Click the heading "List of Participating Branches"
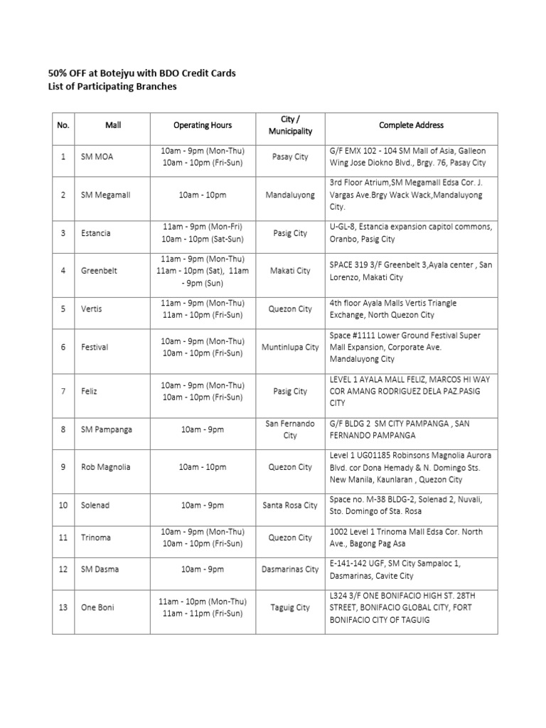pyautogui.click(x=112, y=87)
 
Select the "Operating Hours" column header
pyautogui.click(x=203, y=125)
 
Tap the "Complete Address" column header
pyautogui.click(x=411, y=125)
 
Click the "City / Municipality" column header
pyautogui.click(x=290, y=125)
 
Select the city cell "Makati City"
pyautogui.click(x=290, y=271)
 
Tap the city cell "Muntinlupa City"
pyautogui.click(x=290, y=347)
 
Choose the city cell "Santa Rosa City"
pyautogui.click(x=290, y=505)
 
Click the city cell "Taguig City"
pyautogui.click(x=290, y=607)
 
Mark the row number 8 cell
pyautogui.click(x=63, y=429)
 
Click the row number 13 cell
pyautogui.click(x=63, y=607)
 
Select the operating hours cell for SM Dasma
pyautogui.click(x=203, y=569)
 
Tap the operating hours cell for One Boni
pyautogui.click(x=203, y=607)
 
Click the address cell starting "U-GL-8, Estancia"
pyautogui.click(x=411, y=233)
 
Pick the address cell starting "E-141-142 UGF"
pyautogui.click(x=411, y=569)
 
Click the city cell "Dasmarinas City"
pyautogui.click(x=290, y=569)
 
